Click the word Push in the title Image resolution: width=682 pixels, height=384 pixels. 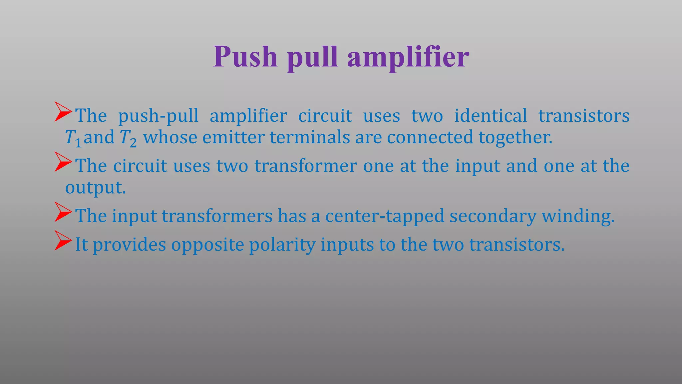point(245,57)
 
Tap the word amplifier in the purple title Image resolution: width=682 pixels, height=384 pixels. point(408,57)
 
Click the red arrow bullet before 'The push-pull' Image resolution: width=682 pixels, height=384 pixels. point(63,112)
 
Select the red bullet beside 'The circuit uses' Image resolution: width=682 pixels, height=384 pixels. point(63,162)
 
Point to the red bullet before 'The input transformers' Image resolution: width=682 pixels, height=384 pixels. point(63,212)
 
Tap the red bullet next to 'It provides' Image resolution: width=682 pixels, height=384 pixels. point(63,241)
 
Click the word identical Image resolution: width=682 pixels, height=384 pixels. point(491,116)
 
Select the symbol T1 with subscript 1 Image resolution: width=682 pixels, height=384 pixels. point(73,138)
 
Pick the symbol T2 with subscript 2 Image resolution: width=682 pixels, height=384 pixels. point(128,138)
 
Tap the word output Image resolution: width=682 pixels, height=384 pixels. point(95,188)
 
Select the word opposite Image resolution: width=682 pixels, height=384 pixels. point(207,245)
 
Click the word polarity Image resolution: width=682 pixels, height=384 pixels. point(282,245)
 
